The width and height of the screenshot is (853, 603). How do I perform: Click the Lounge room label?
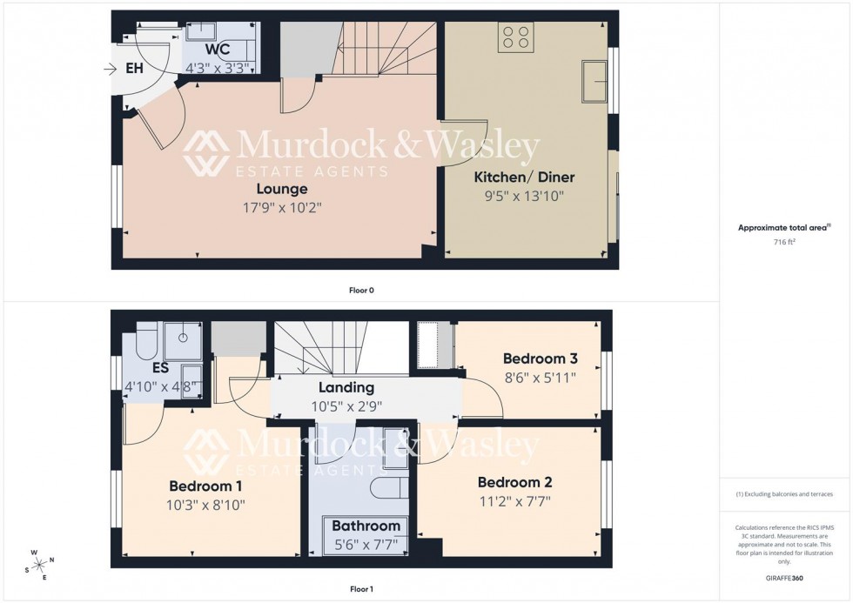coord(281,189)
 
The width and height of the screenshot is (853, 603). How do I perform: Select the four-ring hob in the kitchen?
coord(515,37)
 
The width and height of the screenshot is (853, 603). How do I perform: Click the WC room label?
coord(218,50)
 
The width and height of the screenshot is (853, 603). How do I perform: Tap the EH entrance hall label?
coord(135,68)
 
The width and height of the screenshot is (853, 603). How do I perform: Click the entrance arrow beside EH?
coord(109,68)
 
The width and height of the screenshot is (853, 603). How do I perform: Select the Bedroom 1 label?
coord(205,486)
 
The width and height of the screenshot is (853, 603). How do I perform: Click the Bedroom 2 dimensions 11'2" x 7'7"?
coord(514,500)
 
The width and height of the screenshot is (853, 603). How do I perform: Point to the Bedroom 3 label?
coord(539,358)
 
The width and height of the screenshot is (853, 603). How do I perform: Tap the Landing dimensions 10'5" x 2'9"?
coord(346,405)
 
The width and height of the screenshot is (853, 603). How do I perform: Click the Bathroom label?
coord(366,526)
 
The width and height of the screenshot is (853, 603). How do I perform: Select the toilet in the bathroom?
coord(386,487)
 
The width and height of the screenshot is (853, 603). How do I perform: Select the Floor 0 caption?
coord(361,290)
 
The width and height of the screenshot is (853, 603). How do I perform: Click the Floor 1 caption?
coord(361,589)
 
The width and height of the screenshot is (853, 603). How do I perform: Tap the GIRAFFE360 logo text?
coord(783,577)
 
